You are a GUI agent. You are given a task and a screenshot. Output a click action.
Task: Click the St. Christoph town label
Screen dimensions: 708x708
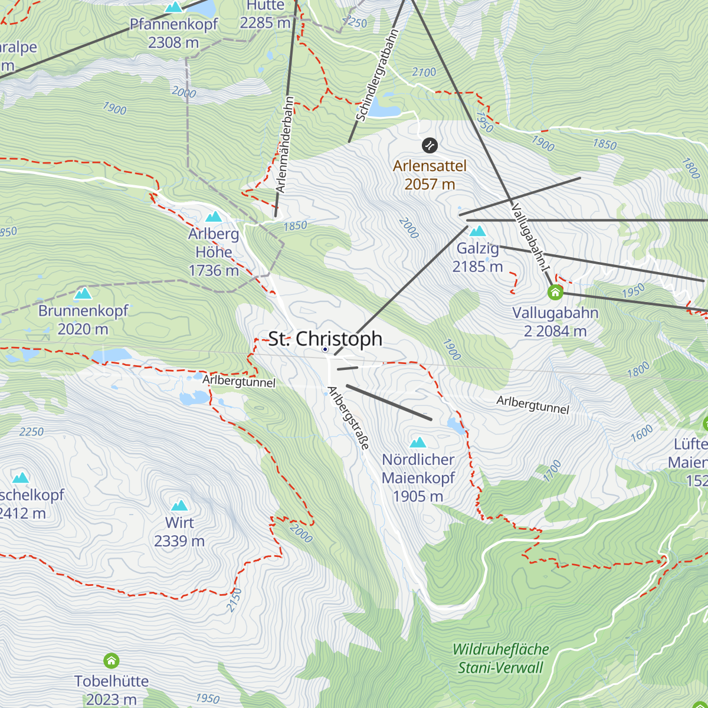325,339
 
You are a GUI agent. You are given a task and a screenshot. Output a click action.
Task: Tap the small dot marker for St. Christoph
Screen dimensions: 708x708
324,349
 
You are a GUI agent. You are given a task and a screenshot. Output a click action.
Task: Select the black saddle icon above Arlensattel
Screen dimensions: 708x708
430,145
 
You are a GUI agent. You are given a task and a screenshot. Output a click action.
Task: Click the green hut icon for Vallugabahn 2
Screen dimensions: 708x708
555,292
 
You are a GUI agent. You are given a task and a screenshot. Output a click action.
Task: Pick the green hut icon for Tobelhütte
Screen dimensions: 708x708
111,660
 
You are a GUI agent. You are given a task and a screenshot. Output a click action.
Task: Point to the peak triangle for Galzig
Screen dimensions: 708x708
477,231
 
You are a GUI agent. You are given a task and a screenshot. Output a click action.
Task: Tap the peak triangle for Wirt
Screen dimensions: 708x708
179,505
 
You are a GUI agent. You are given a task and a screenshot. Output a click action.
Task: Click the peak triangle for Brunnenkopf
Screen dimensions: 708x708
83,293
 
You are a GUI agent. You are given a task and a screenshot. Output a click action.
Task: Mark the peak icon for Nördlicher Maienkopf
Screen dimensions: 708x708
418,442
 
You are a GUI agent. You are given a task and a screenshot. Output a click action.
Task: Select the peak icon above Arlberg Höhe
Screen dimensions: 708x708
214,217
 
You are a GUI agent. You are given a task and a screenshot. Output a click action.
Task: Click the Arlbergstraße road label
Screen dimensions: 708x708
348,418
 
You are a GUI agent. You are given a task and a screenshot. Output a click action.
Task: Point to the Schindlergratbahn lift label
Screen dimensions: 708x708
378,75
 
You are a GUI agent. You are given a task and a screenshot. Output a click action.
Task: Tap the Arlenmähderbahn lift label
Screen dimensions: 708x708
285,145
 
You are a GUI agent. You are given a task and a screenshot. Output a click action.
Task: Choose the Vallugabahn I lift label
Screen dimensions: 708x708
531,238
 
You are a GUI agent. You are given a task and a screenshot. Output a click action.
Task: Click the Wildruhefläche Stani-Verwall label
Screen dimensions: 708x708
500,658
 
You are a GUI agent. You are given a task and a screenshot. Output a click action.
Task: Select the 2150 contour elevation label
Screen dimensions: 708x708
234,599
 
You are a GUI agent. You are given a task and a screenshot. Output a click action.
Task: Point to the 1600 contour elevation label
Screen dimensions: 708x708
641,433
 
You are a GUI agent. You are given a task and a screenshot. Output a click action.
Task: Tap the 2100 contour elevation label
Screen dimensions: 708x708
424,72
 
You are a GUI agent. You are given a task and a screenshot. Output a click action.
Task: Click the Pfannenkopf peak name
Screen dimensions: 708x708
173,25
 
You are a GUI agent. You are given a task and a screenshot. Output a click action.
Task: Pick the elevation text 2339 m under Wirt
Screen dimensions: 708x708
179,541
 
